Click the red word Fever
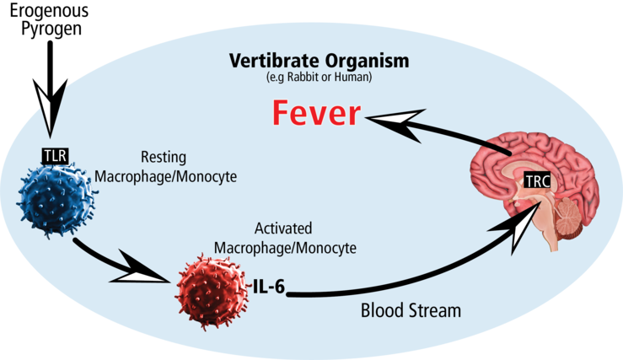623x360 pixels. (x=310, y=115)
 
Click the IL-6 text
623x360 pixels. (x=269, y=286)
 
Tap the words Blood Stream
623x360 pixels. (x=411, y=310)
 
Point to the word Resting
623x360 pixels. (x=164, y=157)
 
